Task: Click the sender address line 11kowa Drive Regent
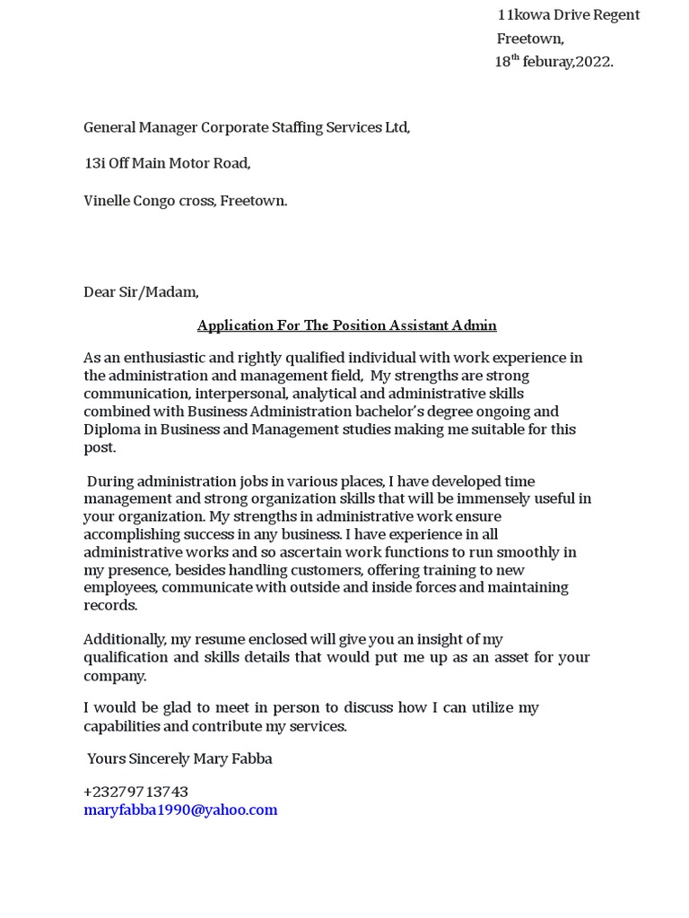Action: click(x=569, y=15)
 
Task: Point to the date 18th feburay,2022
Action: click(x=554, y=62)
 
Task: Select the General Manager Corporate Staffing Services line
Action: click(x=247, y=127)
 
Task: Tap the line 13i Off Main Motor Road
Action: click(x=167, y=163)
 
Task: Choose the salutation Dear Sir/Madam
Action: click(x=141, y=291)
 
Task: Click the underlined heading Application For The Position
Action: click(x=346, y=325)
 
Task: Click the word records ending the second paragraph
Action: click(x=109, y=605)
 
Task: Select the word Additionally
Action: click(x=125, y=639)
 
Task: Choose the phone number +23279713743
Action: click(x=135, y=792)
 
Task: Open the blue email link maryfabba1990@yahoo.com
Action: click(x=180, y=810)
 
